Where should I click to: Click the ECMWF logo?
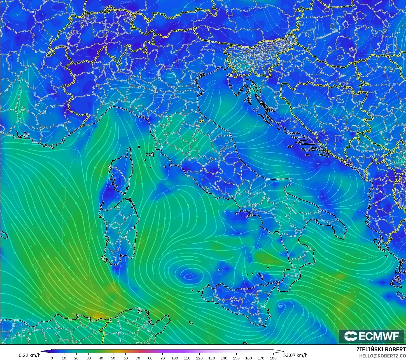coord(372,336)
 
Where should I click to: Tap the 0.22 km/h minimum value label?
coord(29,355)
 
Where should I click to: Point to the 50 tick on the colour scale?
coord(113,358)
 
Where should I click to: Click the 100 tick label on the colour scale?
coord(175,358)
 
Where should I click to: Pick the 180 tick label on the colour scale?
coord(273,358)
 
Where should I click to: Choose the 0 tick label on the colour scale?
coord(52,358)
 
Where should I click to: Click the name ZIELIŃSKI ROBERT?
coord(381,349)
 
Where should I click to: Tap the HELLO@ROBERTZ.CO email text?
coord(382,356)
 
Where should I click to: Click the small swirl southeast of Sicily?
coord(281,305)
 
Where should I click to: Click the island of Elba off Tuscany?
coord(150,154)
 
